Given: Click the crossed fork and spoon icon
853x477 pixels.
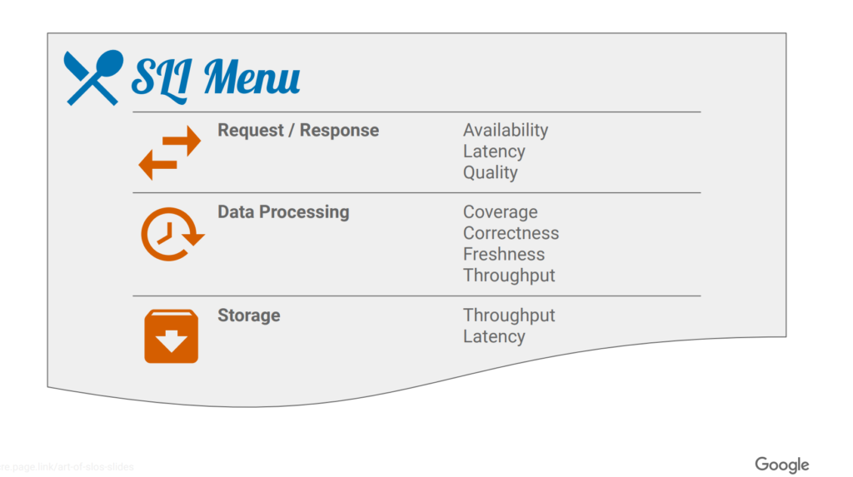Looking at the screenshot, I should pyautogui.click(x=92, y=77).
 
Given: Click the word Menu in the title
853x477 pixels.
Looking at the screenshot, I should pyautogui.click(x=252, y=77).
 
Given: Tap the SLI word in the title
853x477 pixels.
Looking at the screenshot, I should pyautogui.click(x=162, y=77).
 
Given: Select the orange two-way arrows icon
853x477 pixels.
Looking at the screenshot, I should pyautogui.click(x=170, y=153).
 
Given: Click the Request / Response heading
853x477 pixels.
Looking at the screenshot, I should pyautogui.click(x=297, y=131).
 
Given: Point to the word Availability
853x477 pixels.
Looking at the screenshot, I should pyautogui.click(x=505, y=131).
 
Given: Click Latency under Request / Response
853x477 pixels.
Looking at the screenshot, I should pyautogui.click(x=494, y=152).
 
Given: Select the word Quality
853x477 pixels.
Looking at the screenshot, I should pyautogui.click(x=490, y=172).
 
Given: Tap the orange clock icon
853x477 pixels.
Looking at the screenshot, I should pyautogui.click(x=171, y=234).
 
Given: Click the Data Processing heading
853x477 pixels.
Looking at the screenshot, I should pyautogui.click(x=283, y=212).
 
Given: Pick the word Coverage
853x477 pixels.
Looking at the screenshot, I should pyautogui.click(x=500, y=212).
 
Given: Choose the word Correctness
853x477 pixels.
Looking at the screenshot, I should pyautogui.click(x=511, y=233).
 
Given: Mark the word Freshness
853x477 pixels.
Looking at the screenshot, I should pyautogui.click(x=503, y=254).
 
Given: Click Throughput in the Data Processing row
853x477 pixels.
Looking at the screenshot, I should pyautogui.click(x=509, y=276).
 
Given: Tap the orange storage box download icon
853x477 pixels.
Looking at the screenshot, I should pyautogui.click(x=171, y=336).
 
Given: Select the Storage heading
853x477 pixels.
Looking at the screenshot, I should pyautogui.click(x=248, y=316).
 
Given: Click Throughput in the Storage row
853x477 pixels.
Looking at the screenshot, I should pyautogui.click(x=509, y=316).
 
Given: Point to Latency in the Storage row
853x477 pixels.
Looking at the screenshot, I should pyautogui.click(x=494, y=336).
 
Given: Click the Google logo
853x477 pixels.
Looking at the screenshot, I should pyautogui.click(x=781, y=465).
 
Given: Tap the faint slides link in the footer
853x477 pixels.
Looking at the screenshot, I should pyautogui.click(x=67, y=467).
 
